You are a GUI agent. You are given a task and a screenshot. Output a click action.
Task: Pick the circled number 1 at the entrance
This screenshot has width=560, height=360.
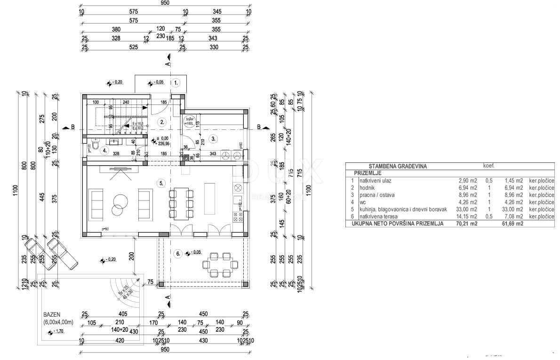click(176, 83)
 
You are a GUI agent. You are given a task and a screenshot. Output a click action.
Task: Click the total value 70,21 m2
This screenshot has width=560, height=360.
click(468, 224)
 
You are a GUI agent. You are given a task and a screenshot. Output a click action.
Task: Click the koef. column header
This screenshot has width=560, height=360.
click(488, 166)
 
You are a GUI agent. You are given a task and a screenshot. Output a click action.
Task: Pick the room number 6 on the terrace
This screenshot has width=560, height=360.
click(178, 254)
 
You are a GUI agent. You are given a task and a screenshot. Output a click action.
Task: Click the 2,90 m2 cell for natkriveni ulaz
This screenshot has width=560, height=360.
click(468, 180)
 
